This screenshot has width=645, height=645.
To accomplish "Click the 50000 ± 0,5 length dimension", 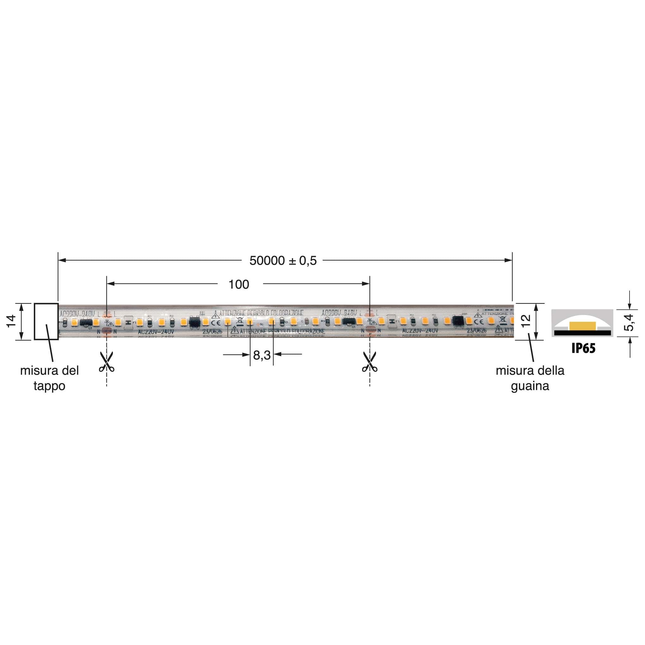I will tap(283, 261).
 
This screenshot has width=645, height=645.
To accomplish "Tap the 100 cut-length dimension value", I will tap(238, 284).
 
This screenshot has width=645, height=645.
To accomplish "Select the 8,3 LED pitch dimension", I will tap(262, 355).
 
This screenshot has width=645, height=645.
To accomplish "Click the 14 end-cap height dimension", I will tap(11, 321).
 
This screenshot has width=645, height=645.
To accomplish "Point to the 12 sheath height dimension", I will tap(526, 321).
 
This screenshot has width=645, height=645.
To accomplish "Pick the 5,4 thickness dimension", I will tap(629, 322).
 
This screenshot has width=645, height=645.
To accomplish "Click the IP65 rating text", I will tap(583, 348).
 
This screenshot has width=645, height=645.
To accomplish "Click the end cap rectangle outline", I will tap(46, 304).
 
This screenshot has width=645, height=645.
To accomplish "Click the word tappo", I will tap(49, 386).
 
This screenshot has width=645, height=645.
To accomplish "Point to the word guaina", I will tap(530, 386).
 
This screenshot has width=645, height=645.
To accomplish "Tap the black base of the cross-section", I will tap(582, 333).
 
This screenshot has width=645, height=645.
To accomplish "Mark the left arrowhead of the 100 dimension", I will tap(111, 284).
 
